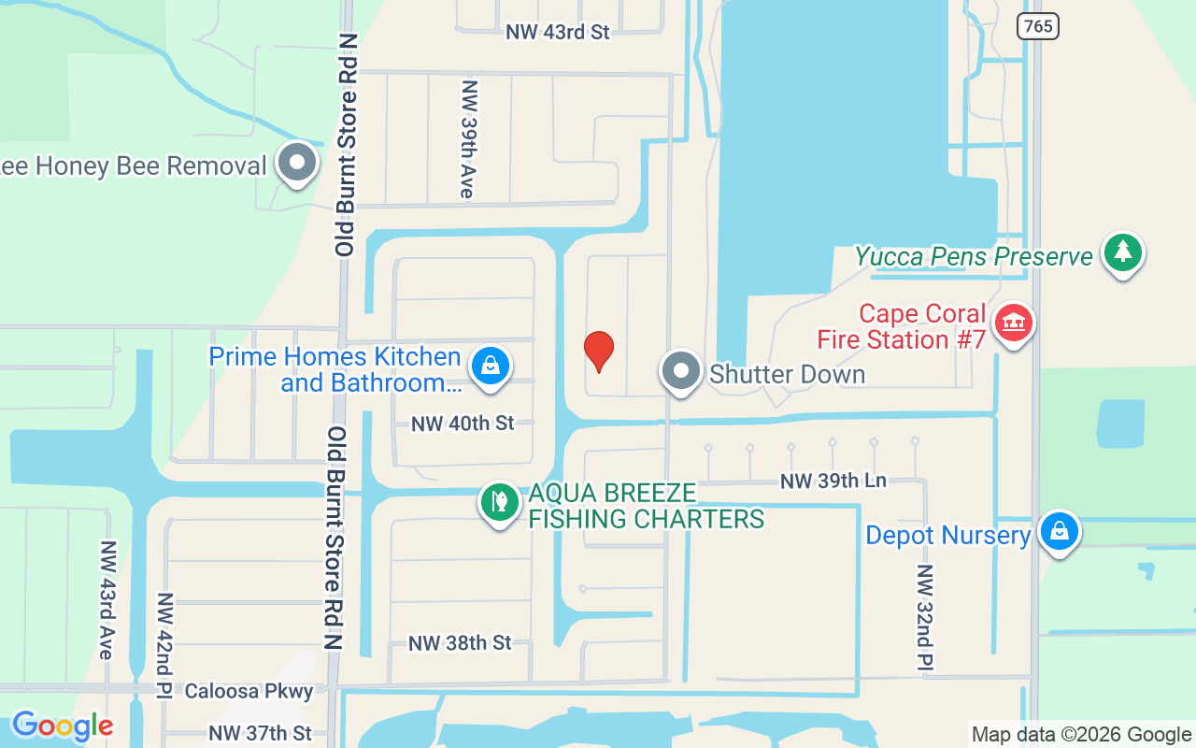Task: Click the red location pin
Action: coord(599,351)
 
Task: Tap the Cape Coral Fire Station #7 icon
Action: coord(1013,324)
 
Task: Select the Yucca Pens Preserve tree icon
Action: coord(1122,252)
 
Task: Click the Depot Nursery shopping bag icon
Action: coord(1059,531)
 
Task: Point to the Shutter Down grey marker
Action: coord(681,370)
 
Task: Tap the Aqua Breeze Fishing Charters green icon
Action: coord(500,502)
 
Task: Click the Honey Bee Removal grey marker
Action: coord(298,163)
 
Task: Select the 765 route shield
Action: coord(1038,26)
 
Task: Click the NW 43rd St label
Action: coord(557,32)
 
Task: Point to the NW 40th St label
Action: coord(463,424)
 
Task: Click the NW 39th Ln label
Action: coord(833,482)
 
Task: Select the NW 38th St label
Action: coord(460,643)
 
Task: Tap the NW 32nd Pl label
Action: coord(925,617)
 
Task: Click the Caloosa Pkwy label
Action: coord(249,692)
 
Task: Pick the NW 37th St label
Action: coord(260,733)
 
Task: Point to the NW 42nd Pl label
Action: coord(164,644)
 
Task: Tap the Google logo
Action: coord(62,726)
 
